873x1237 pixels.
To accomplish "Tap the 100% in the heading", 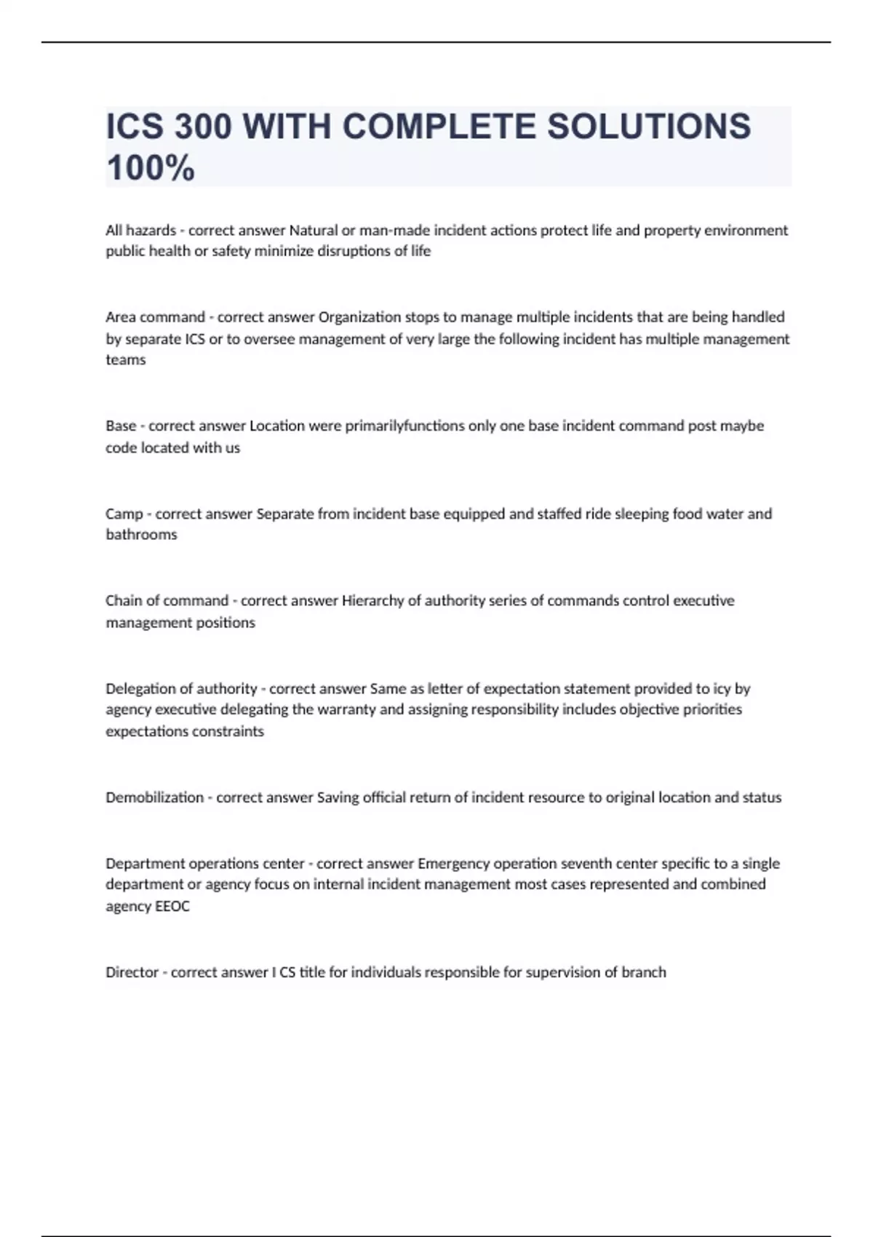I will (151, 168).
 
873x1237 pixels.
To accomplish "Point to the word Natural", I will (314, 230).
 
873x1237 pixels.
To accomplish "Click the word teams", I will (125, 359).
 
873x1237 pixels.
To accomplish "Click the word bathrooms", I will (141, 534).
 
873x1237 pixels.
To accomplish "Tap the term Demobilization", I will (154, 797).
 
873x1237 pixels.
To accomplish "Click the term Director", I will (132, 972).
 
